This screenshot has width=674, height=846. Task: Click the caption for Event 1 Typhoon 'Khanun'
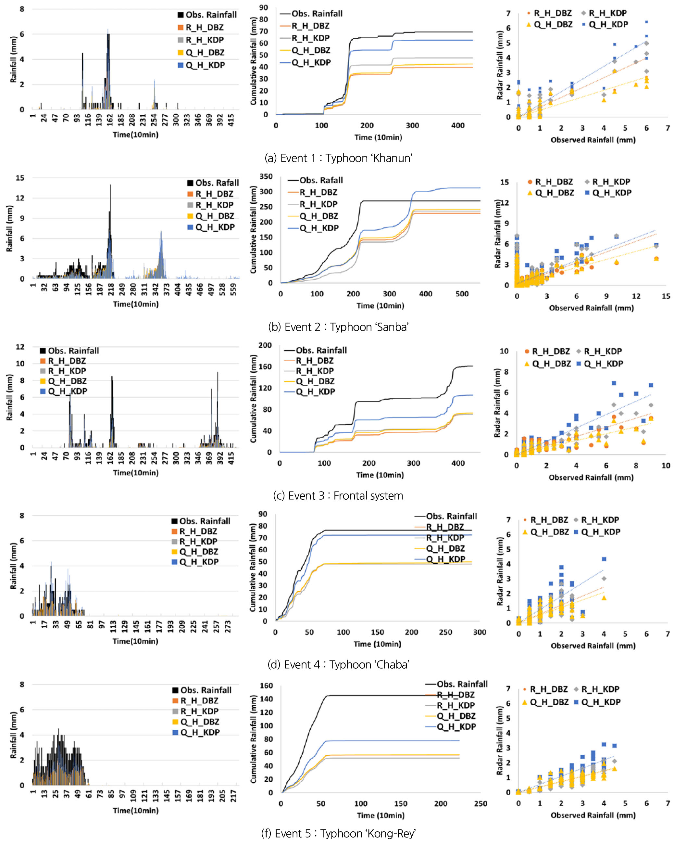[x=338, y=158]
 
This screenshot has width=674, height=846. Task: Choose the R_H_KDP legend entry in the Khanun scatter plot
[x=607, y=13]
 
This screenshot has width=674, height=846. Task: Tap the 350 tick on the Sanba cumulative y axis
[x=266, y=177]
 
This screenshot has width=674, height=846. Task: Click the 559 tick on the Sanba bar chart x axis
[x=234, y=289]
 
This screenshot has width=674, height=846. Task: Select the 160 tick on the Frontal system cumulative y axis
[x=265, y=366]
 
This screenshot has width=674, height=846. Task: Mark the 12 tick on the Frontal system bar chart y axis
[x=20, y=347]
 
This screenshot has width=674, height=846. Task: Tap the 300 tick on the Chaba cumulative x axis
[x=480, y=632]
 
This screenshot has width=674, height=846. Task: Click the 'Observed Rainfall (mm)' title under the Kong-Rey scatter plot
[x=593, y=815]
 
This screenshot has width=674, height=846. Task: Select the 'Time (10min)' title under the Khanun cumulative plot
[x=378, y=137]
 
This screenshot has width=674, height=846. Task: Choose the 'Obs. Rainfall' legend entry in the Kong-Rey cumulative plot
[x=462, y=684]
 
